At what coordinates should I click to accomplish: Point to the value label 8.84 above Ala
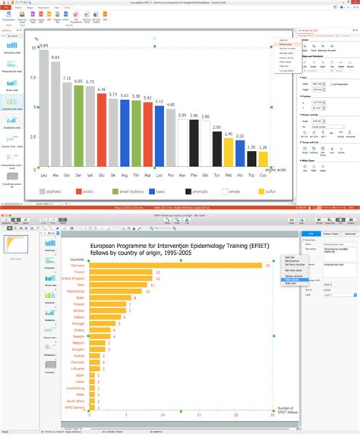coord(55,57)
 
